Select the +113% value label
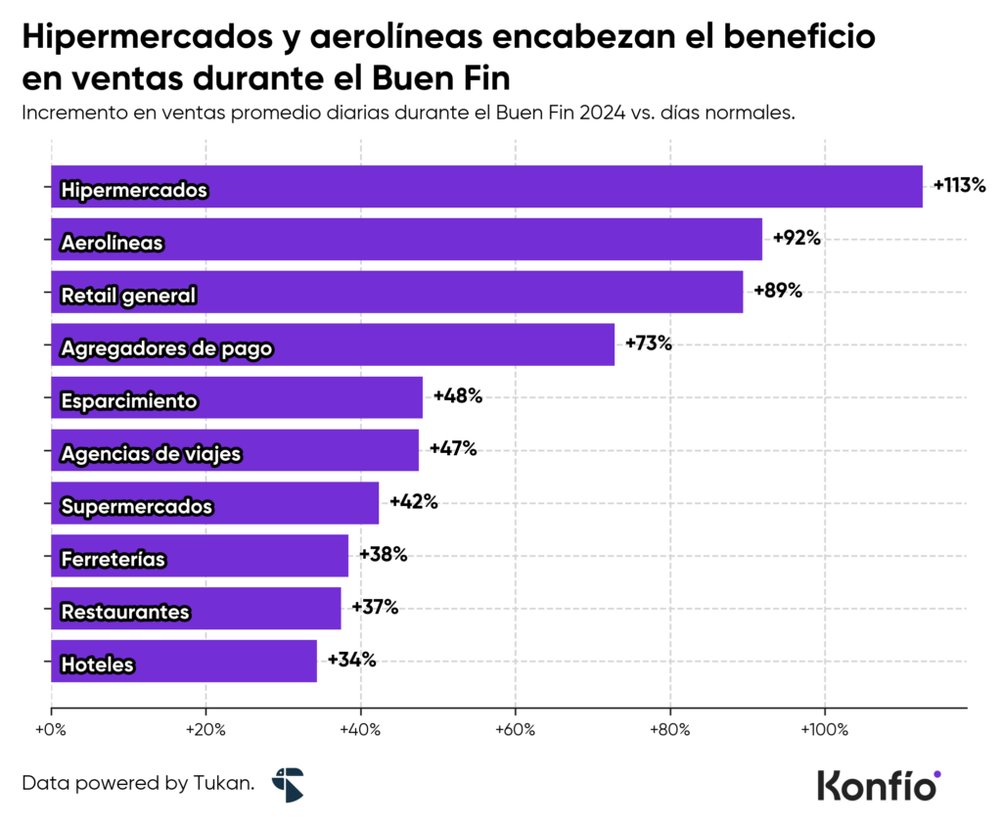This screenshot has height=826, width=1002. click(959, 185)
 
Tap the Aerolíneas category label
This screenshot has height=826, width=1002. click(112, 242)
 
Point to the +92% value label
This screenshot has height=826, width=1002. click(797, 238)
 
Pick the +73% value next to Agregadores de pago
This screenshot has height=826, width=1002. click(649, 344)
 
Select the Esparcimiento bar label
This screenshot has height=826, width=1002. click(129, 400)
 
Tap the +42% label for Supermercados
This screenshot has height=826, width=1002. click(413, 502)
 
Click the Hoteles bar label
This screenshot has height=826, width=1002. click(97, 665)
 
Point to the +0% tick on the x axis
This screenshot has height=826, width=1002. click(50, 730)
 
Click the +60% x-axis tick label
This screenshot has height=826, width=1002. click(515, 730)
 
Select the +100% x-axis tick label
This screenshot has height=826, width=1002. click(824, 730)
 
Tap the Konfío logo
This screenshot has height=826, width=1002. click(878, 784)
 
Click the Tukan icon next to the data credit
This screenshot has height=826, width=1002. click(288, 784)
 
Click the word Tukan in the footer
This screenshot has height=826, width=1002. click(224, 783)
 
